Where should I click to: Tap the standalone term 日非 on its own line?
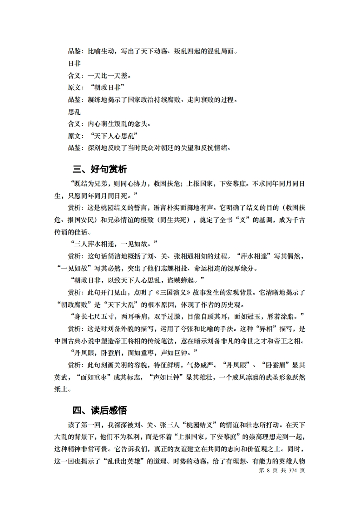[74, 64]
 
